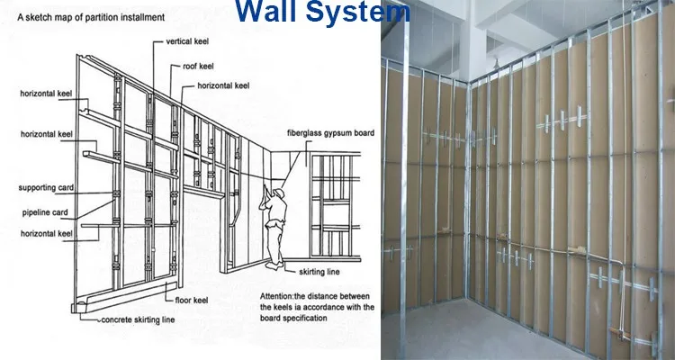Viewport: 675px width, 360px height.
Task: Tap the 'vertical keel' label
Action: click(x=189, y=42)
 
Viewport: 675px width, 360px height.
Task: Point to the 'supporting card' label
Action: click(x=43, y=188)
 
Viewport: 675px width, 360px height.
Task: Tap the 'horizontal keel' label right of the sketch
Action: click(x=220, y=85)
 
